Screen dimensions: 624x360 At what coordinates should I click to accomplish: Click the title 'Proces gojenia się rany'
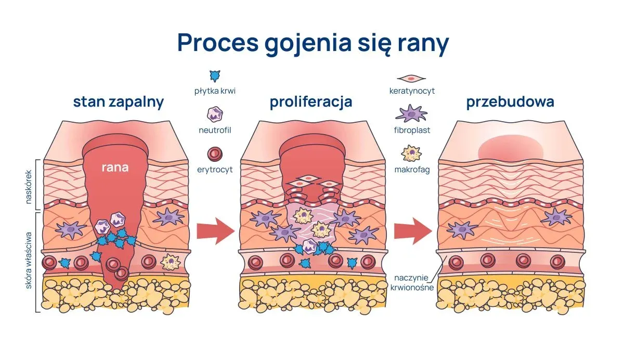click(313, 43)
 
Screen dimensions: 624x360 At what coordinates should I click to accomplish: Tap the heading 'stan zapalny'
click(119, 102)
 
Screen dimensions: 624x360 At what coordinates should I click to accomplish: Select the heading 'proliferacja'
click(311, 102)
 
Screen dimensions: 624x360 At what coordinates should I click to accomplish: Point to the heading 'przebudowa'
click(510, 102)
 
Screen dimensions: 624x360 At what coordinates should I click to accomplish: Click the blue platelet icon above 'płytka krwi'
click(215, 76)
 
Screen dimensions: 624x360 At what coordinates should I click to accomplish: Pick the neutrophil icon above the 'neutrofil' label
click(215, 114)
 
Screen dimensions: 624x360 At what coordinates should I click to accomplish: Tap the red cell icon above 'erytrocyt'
click(215, 154)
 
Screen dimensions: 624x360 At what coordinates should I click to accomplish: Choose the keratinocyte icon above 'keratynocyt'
click(411, 79)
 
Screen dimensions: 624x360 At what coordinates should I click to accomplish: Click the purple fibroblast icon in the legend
click(411, 113)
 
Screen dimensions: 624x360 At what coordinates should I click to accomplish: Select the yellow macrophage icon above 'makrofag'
click(411, 153)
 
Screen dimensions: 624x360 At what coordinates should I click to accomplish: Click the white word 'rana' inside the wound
click(115, 168)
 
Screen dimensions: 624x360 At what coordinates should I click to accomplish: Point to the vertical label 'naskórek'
click(29, 187)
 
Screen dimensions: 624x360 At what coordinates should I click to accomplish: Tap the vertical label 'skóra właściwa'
click(29, 261)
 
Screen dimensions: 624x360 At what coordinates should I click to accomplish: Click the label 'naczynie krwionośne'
click(412, 282)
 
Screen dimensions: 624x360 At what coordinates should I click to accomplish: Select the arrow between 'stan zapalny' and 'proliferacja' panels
click(216, 232)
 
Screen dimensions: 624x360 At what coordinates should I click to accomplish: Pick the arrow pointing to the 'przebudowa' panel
click(413, 232)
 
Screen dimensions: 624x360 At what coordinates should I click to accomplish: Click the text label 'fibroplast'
click(412, 130)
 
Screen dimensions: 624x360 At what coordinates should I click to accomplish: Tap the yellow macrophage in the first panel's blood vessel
click(171, 262)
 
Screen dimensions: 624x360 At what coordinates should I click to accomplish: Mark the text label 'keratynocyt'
click(412, 91)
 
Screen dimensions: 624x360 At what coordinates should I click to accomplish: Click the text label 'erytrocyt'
click(215, 170)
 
